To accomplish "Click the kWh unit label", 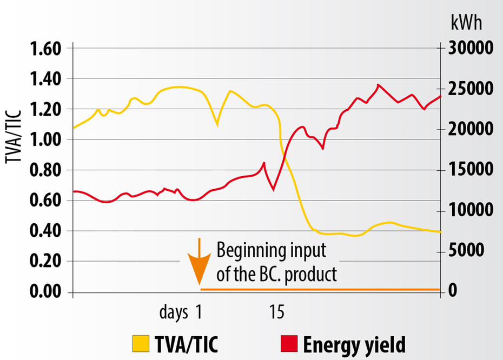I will (x=466, y=24).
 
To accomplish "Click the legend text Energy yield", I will (x=354, y=344).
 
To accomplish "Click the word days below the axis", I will (x=174, y=312).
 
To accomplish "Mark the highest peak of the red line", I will (x=378, y=85).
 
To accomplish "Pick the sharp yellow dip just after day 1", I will (x=217, y=125).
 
